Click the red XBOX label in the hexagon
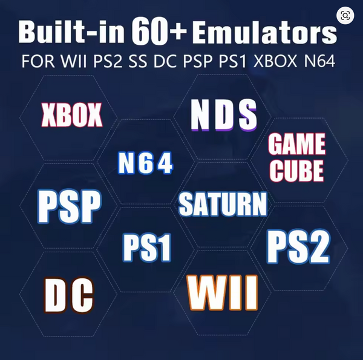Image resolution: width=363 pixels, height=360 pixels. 72,115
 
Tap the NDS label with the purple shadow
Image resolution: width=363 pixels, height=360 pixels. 224,115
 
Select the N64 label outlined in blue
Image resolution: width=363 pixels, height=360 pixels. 145,163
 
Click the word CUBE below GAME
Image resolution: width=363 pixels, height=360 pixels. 296,171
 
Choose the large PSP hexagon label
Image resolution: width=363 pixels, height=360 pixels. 70,206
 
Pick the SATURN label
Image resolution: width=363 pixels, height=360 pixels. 223,204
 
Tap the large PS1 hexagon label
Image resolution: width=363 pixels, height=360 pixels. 147,247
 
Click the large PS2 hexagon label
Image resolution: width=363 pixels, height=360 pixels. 298,246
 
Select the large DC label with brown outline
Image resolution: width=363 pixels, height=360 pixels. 69,295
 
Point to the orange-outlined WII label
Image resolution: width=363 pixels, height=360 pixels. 223,293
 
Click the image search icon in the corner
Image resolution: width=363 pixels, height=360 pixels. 345,16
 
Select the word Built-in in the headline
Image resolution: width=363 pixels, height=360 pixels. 71,31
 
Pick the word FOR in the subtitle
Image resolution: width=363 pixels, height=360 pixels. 38,61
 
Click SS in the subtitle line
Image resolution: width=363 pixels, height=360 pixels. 138,61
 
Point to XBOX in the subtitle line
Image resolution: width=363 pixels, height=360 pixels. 275,61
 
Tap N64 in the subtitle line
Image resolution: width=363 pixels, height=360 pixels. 319,61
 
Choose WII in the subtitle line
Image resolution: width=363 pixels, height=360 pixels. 74,61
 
